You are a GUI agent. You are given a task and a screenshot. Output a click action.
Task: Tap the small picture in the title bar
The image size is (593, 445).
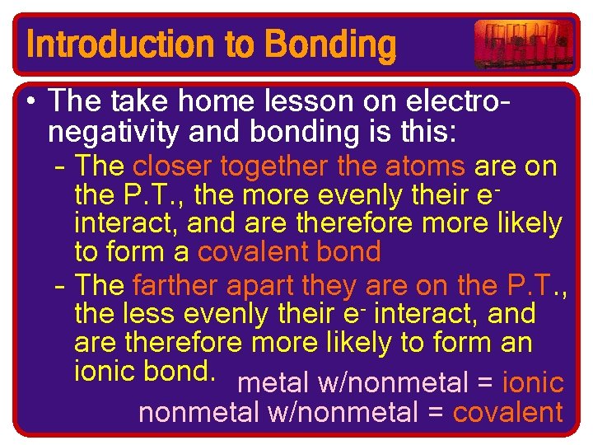tap(523, 44)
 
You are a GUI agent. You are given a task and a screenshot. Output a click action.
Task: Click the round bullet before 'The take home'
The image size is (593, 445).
tap(30, 102)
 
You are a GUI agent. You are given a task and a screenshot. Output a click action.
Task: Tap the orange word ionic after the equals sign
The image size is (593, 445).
tap(533, 382)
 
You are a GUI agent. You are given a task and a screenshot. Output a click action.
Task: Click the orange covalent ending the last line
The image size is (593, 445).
tap(508, 412)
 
